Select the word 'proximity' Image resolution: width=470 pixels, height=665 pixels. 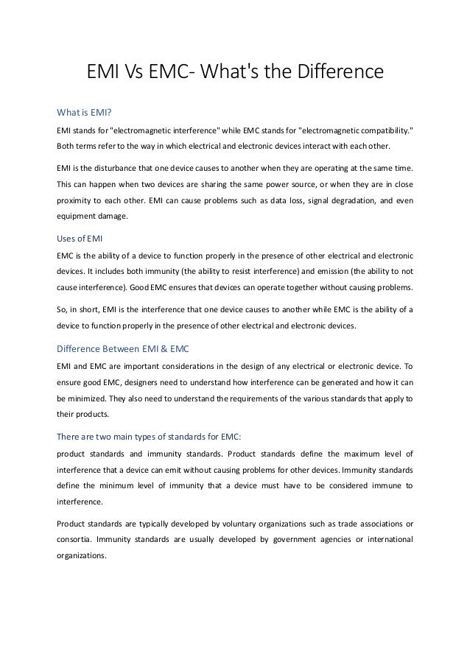coord(77,201)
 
